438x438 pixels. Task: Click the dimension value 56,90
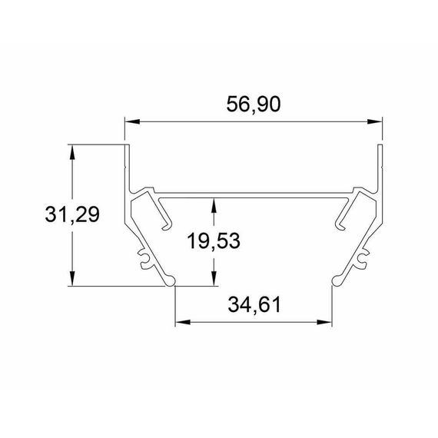pyautogui.click(x=253, y=105)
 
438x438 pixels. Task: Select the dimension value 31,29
pyautogui.click(x=72, y=215)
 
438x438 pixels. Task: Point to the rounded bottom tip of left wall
pyautogui.click(x=173, y=280)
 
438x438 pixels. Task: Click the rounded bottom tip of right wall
pyautogui.click(x=335, y=280)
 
